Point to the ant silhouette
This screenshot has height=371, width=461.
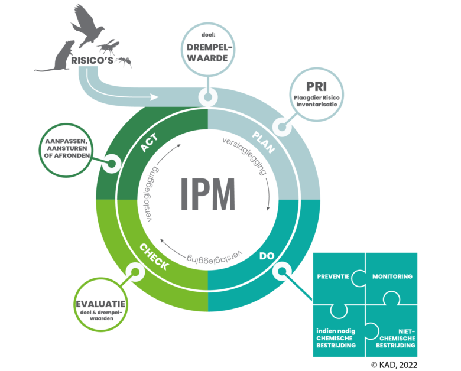[x=124, y=61]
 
